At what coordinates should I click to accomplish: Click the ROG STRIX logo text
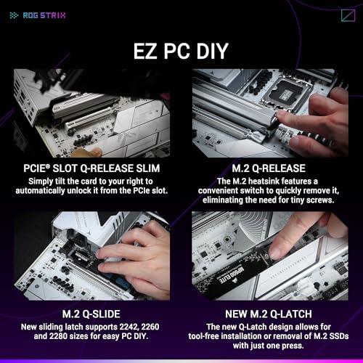pyautogui.click(x=44, y=15)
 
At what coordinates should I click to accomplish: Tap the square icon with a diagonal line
pyautogui.click(x=348, y=15)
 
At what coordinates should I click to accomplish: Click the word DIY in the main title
pyautogui.click(x=212, y=51)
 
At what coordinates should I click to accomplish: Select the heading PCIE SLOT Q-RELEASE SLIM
pyautogui.click(x=91, y=168)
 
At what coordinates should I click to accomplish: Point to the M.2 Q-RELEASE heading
pyautogui.click(x=269, y=168)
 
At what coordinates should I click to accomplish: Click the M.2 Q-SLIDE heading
pyautogui.click(x=91, y=314)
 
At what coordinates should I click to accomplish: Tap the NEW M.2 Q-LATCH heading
pyautogui.click(x=269, y=314)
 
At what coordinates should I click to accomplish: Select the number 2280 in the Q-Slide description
pyautogui.click(x=60, y=336)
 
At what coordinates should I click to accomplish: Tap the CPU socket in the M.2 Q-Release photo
pyautogui.click(x=287, y=92)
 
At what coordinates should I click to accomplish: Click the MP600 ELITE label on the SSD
pyautogui.click(x=232, y=274)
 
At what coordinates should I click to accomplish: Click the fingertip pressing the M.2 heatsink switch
pyautogui.click(x=280, y=116)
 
